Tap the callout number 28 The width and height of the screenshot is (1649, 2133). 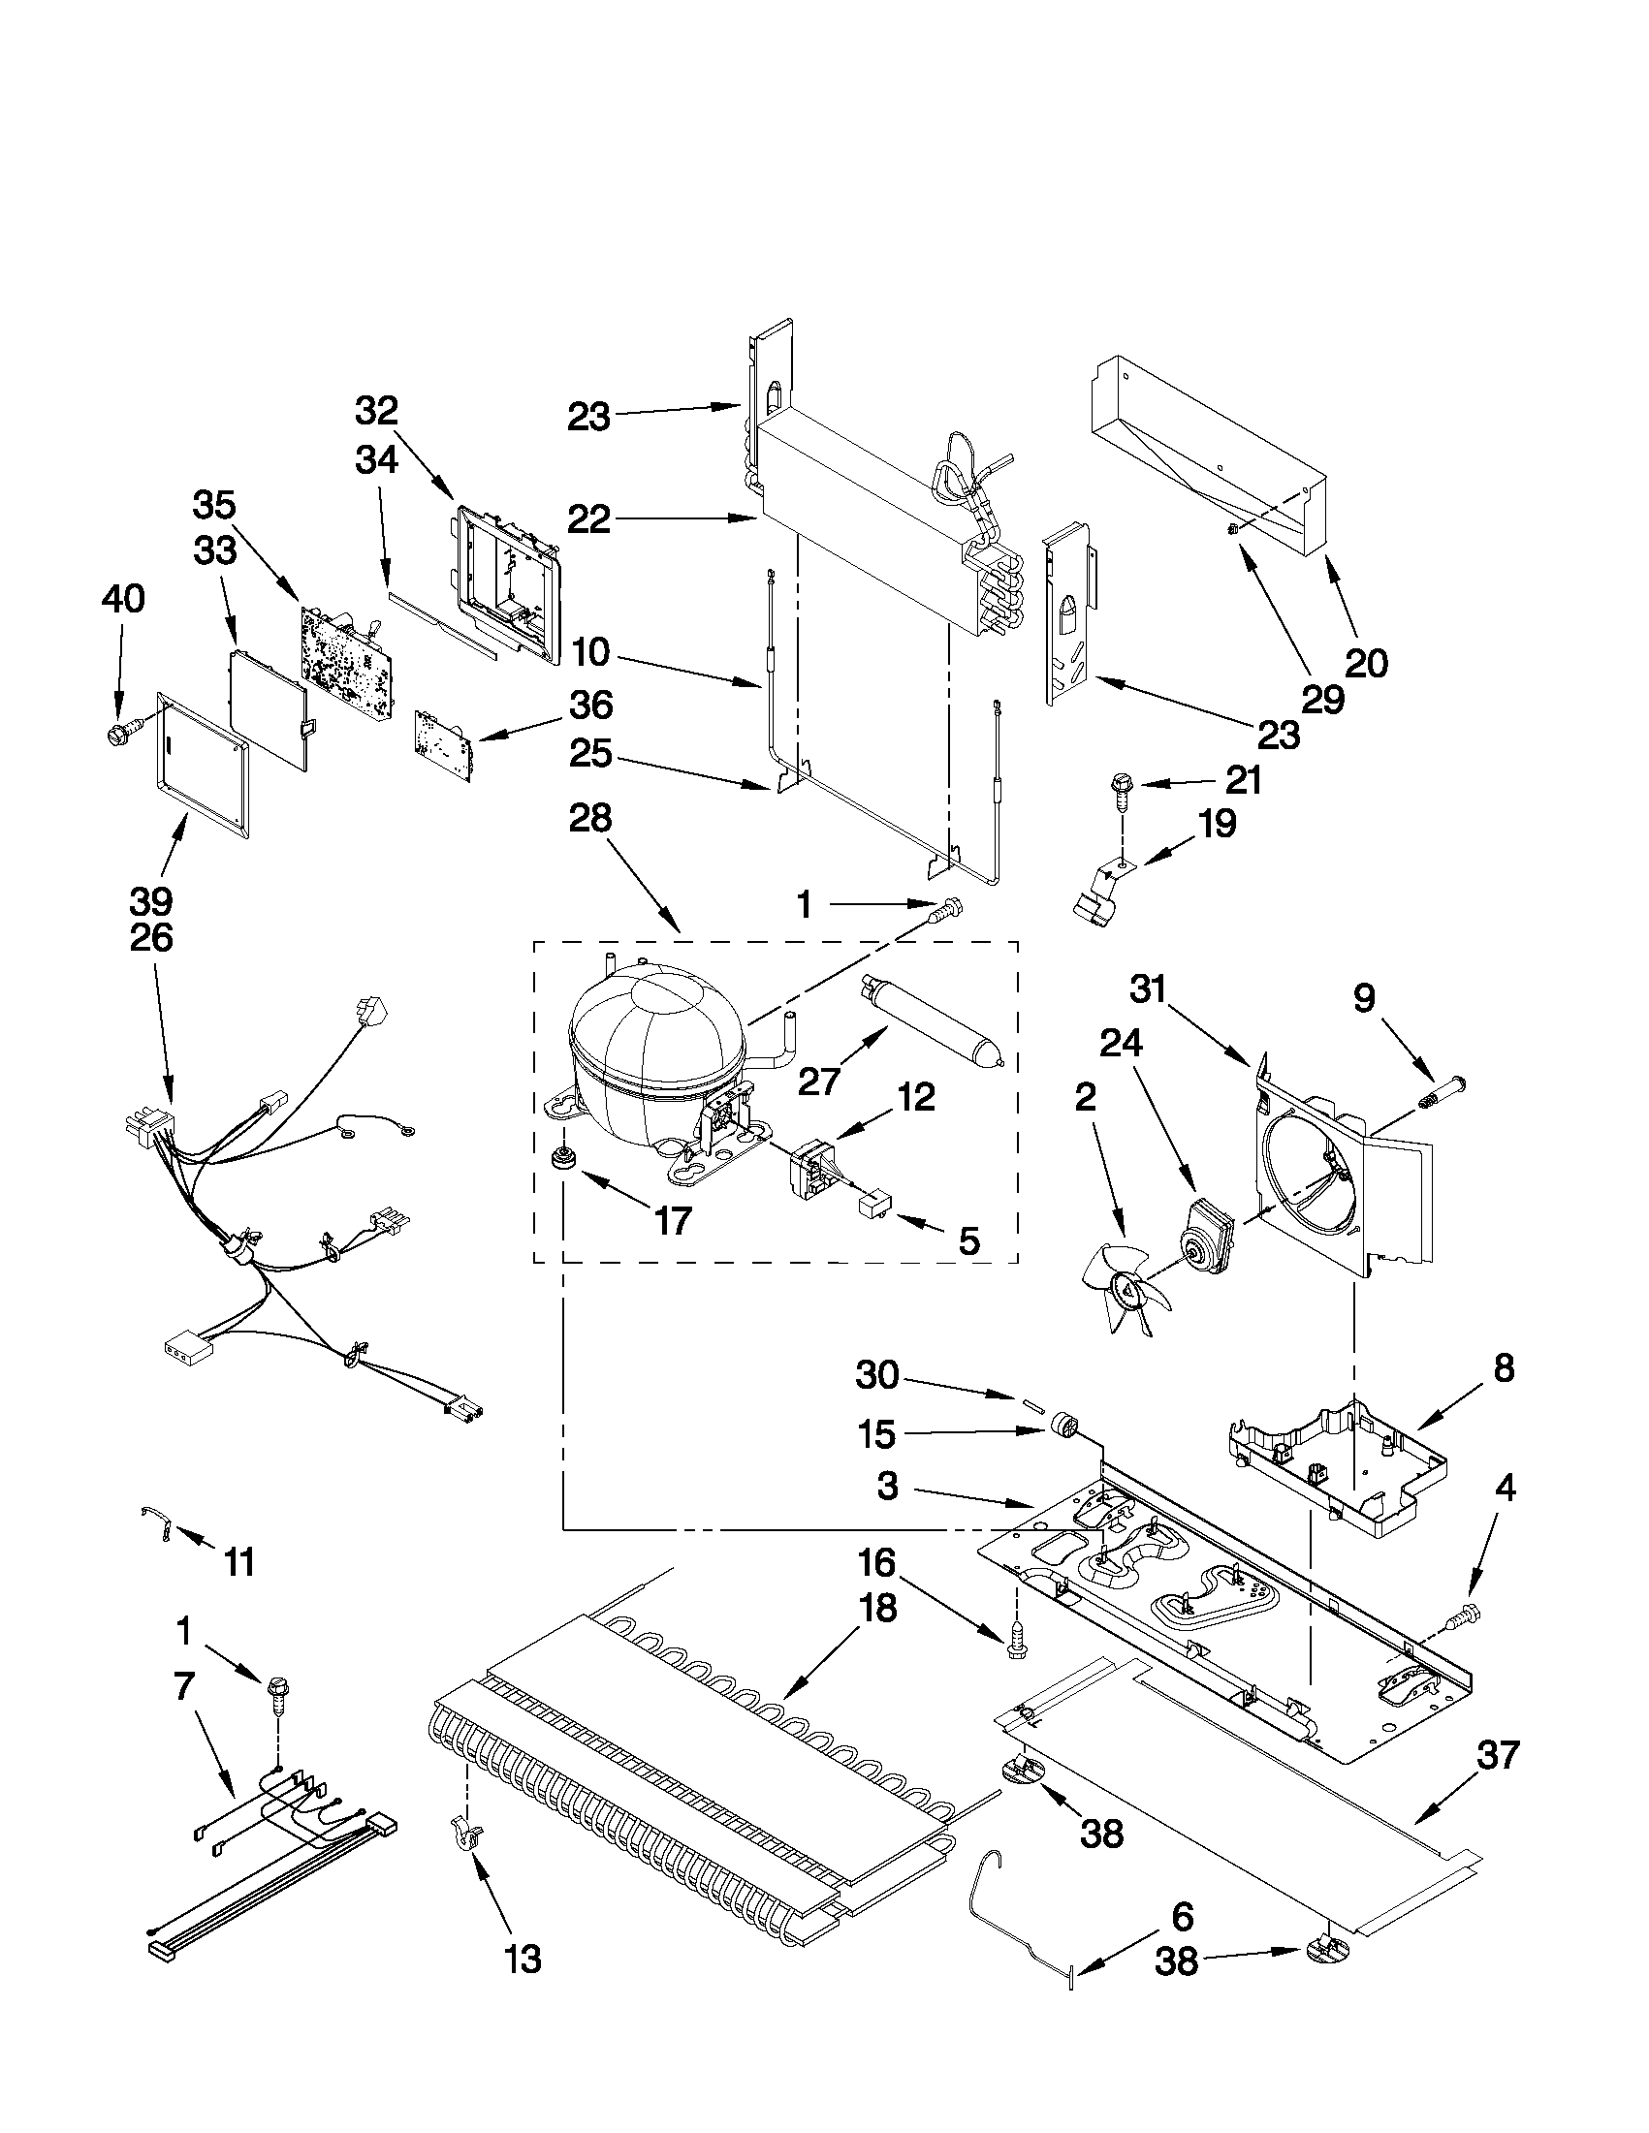(x=591, y=818)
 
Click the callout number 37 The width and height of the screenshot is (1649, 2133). (x=1498, y=1755)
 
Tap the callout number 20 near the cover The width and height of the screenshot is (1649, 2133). (x=1366, y=663)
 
